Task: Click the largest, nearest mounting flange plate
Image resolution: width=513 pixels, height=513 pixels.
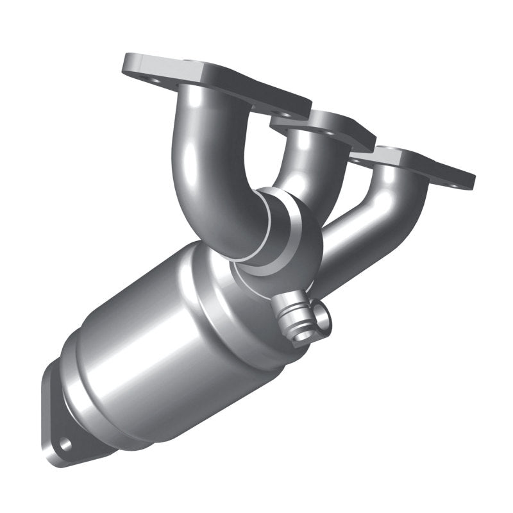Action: [212, 80]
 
